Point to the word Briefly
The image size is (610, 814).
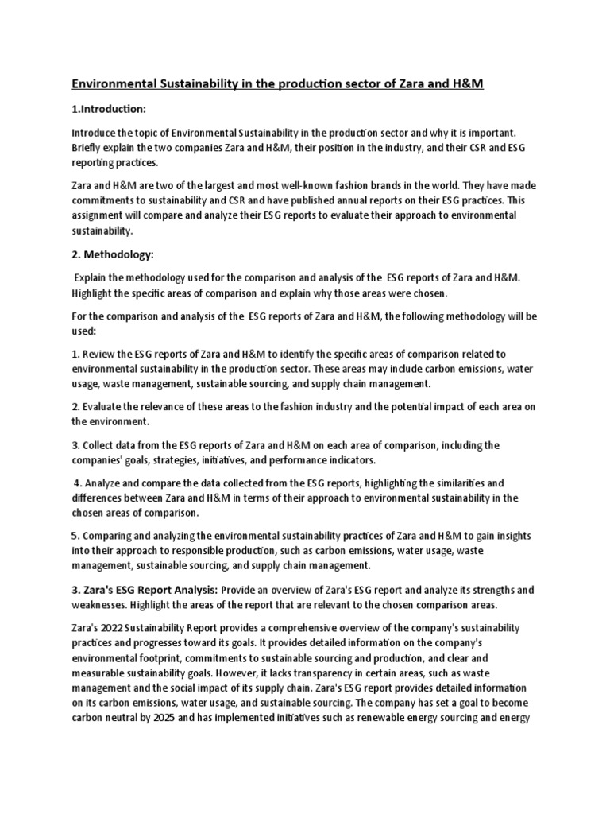[89, 148]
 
